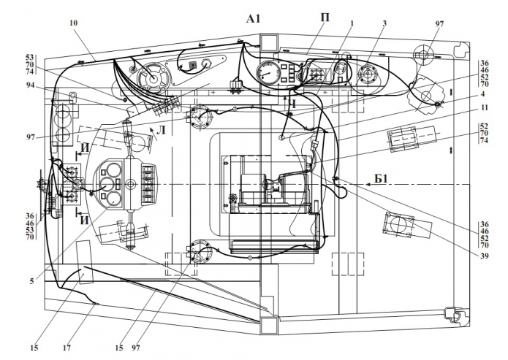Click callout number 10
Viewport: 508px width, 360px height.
pyautogui.click(x=74, y=23)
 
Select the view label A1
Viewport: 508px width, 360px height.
pyautogui.click(x=254, y=19)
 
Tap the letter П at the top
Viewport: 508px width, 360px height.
pyautogui.click(x=325, y=18)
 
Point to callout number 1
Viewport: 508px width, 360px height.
pyautogui.click(x=352, y=23)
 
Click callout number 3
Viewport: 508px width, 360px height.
pyautogui.click(x=384, y=23)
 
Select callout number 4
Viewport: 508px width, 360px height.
pyautogui.click(x=482, y=94)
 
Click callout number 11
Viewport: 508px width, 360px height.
pyautogui.click(x=484, y=107)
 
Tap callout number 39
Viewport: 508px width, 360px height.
pyautogui.click(x=485, y=256)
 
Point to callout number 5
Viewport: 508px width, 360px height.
pyautogui.click(x=31, y=281)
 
